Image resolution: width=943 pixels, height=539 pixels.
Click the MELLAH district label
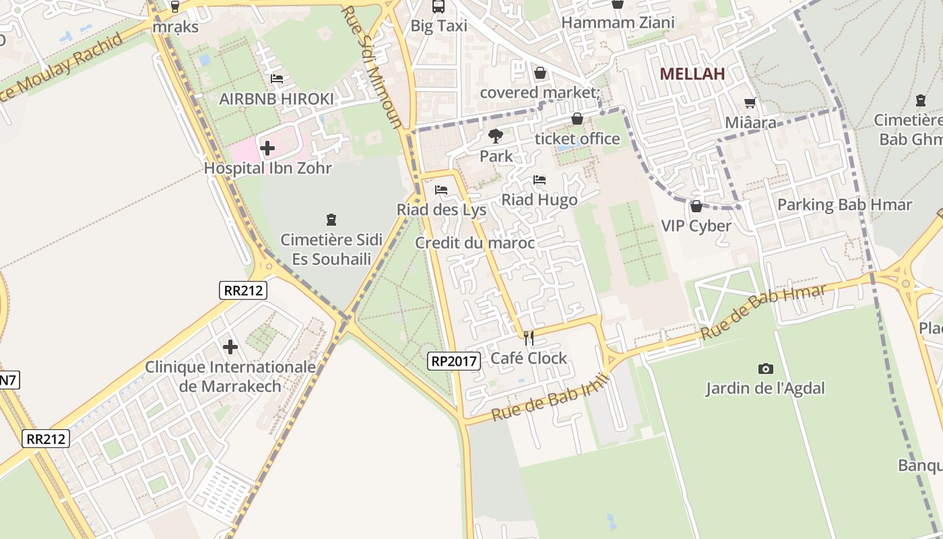click(x=692, y=74)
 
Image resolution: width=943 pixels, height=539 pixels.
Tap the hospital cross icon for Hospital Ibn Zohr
click(x=267, y=148)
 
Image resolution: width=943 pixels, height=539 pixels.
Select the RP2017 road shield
click(x=454, y=361)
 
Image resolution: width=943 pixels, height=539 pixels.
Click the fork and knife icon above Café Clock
click(x=529, y=338)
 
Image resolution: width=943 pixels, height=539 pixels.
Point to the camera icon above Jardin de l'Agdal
click(x=765, y=369)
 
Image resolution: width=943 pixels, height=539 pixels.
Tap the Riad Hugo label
click(x=539, y=200)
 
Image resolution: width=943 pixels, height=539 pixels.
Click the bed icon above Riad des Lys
click(x=441, y=190)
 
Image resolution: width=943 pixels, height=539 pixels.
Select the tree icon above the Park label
click(x=496, y=136)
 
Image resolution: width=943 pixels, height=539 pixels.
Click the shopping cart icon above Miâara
click(x=750, y=103)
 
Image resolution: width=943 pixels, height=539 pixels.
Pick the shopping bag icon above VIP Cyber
click(x=696, y=205)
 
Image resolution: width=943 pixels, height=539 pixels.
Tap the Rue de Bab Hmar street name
click(x=762, y=312)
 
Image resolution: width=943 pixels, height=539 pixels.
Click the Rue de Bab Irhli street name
click(x=550, y=398)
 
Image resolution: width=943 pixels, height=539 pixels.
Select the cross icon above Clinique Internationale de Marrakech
click(x=230, y=347)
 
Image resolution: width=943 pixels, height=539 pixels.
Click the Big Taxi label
click(x=438, y=26)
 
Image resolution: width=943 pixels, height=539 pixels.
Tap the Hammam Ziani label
click(x=618, y=23)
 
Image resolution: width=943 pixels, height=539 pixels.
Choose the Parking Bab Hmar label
click(x=845, y=205)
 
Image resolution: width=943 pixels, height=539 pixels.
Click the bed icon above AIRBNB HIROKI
click(x=276, y=79)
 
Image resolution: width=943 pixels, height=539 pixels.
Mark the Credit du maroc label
click(x=475, y=243)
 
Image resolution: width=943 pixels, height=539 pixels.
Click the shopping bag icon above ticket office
click(x=577, y=119)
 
